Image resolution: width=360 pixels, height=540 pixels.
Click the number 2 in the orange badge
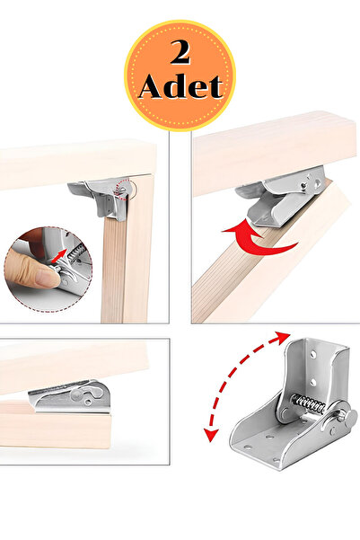[180, 52]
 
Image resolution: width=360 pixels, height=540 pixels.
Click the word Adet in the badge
[180, 86]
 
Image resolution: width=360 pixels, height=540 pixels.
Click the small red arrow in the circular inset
[59, 257]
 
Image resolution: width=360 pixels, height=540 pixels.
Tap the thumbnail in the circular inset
[44, 278]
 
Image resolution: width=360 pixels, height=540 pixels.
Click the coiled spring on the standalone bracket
[308, 404]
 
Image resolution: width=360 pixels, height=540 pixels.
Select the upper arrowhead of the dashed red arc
[283, 336]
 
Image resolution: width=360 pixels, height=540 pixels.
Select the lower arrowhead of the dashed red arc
[211, 434]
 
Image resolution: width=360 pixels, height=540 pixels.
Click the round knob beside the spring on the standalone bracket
[349, 417]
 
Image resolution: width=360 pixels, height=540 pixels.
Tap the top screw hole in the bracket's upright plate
[313, 354]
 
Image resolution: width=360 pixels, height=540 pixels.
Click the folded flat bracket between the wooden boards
[70, 397]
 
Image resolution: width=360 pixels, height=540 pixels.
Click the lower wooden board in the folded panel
[55, 424]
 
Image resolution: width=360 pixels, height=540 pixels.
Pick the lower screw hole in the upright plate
[314, 383]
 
